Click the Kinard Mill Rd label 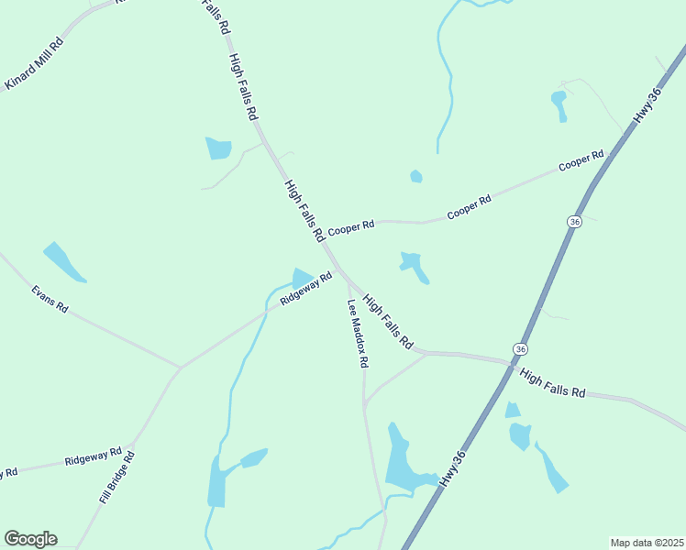coord(34,64)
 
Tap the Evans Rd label coord(50,300)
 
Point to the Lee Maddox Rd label coord(358,334)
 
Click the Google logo coord(30,539)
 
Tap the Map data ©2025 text coord(646,543)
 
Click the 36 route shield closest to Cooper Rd coord(574,222)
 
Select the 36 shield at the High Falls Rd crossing coord(520,349)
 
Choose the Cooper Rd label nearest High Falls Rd coord(351,225)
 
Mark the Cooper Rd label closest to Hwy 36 coord(581,161)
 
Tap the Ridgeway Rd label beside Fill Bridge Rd coord(94,456)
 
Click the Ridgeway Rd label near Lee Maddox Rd coord(306,289)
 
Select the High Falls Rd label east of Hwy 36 coord(552,382)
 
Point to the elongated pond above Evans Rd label coord(64,262)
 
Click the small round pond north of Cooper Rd coord(416,176)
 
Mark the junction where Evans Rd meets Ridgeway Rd coord(181,368)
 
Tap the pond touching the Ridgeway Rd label coord(301,276)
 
